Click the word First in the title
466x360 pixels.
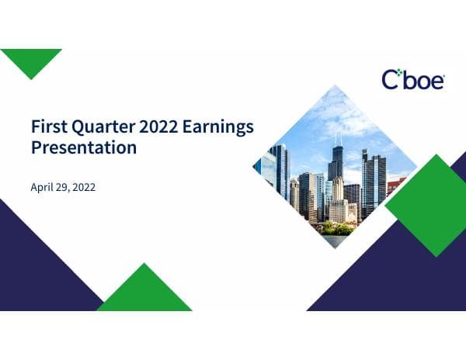point(47,126)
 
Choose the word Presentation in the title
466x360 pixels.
point(84,147)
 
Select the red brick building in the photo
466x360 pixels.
point(395,186)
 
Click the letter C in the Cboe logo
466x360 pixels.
point(390,79)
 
